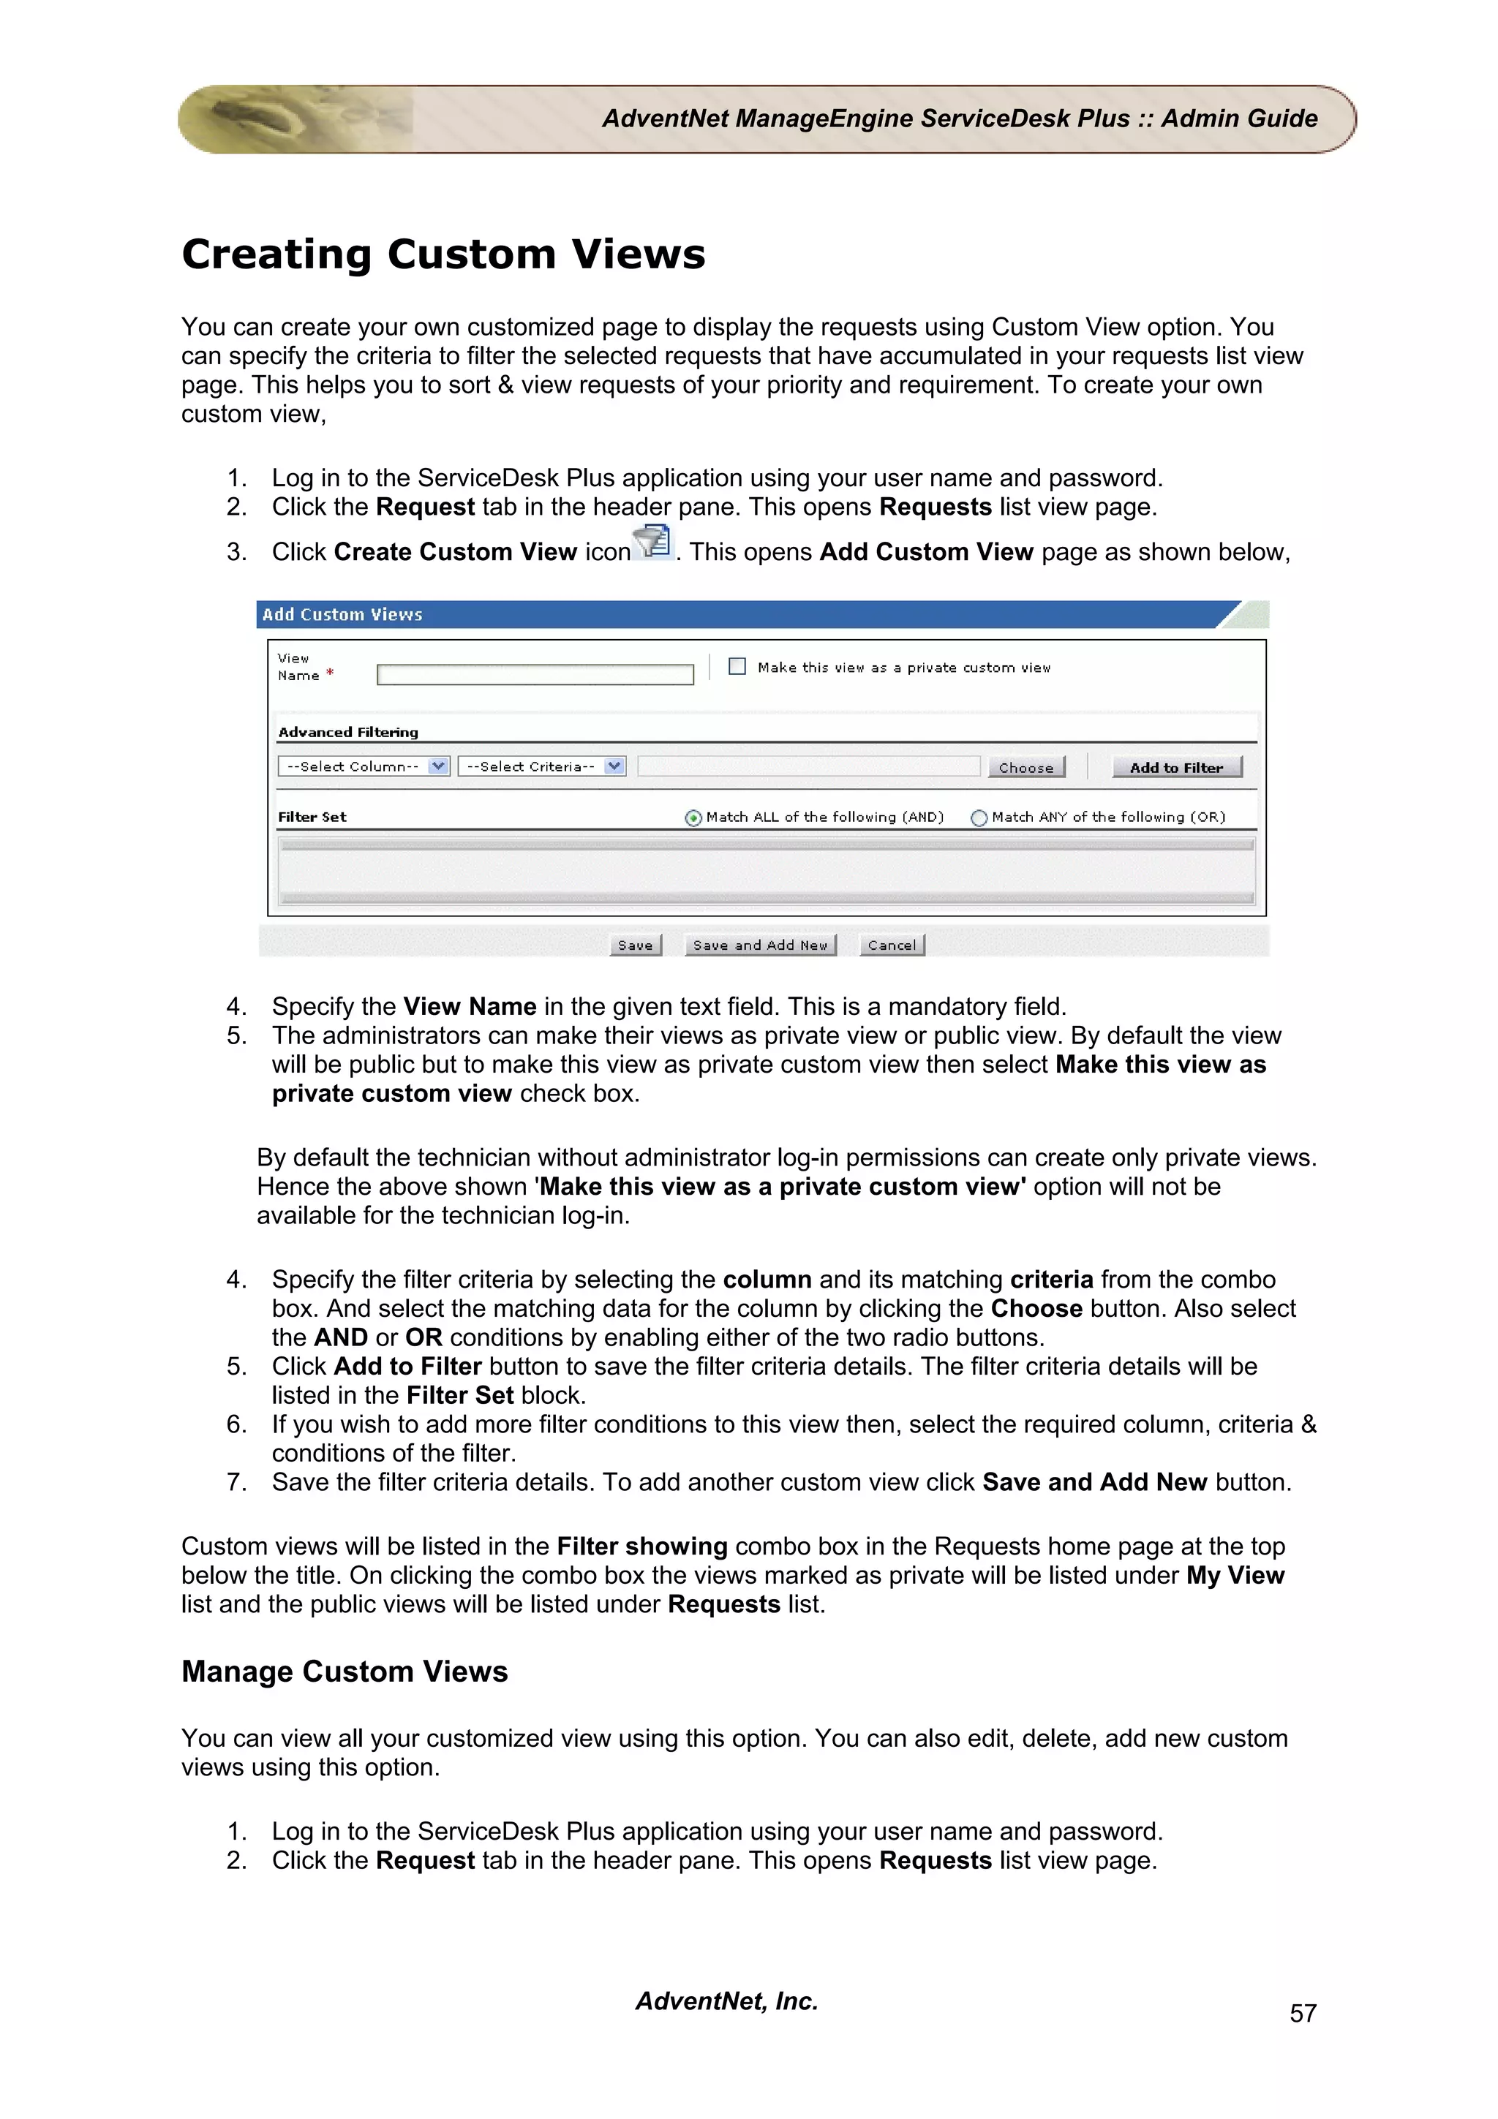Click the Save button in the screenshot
[x=635, y=945]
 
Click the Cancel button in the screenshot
[x=892, y=945]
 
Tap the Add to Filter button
[x=1176, y=767]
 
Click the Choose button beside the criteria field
[x=1025, y=767]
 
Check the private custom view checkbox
[x=737, y=666]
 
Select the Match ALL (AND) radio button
[x=693, y=817]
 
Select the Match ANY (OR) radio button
[x=979, y=817]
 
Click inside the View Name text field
[x=535, y=675]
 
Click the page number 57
[x=1302, y=2013]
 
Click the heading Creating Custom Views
[x=443, y=254]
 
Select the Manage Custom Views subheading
[x=345, y=1672]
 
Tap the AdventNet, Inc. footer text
[x=726, y=2001]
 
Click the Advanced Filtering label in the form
[x=348, y=732]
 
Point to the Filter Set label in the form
[x=312, y=817]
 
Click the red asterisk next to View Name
[x=329, y=673]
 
